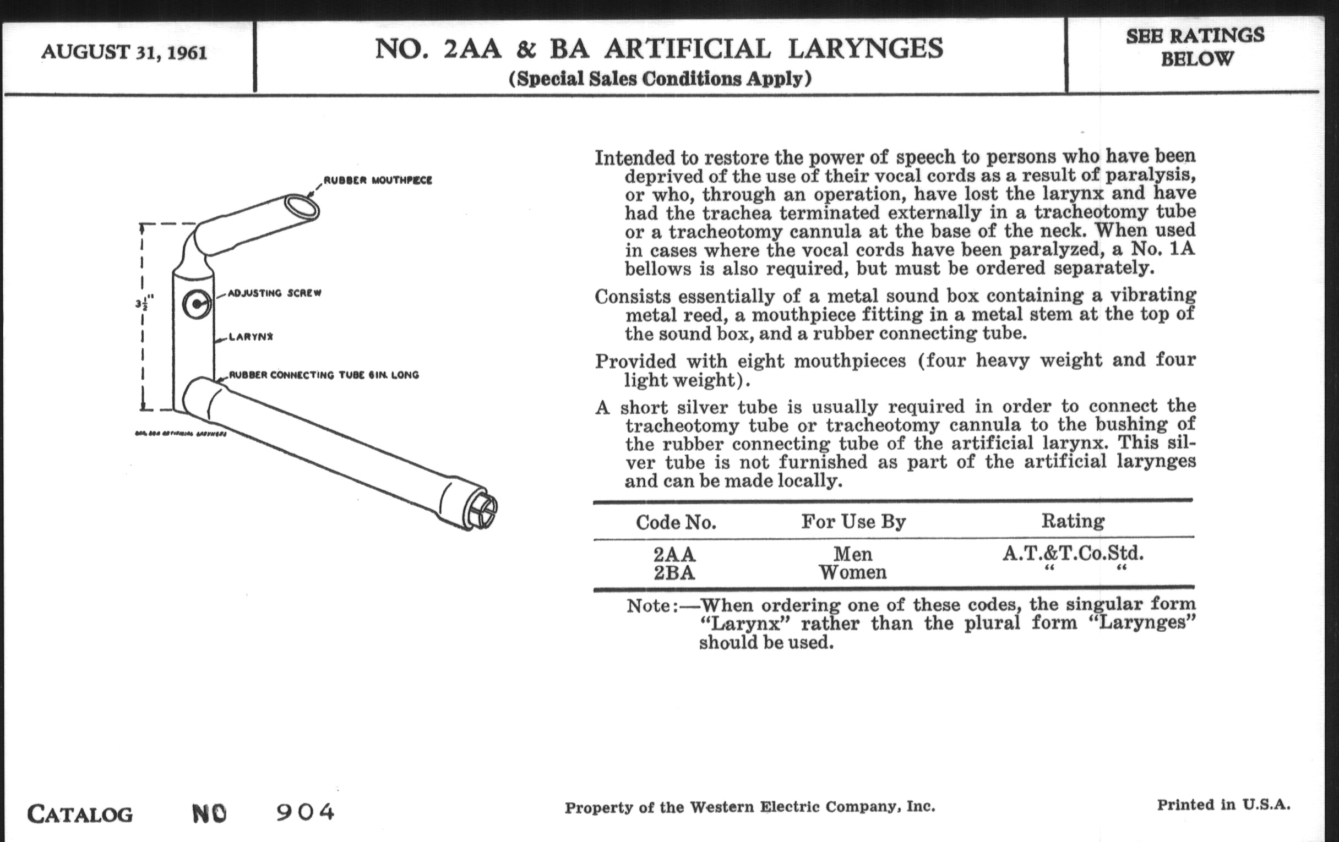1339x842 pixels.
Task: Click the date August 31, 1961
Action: click(x=124, y=53)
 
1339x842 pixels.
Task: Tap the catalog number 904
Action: click(x=305, y=812)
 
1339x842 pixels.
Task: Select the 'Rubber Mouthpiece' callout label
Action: click(x=378, y=181)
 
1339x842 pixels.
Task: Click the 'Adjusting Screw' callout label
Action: click(x=275, y=293)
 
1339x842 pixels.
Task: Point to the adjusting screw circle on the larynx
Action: click(x=197, y=304)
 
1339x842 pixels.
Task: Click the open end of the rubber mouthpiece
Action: click(x=302, y=207)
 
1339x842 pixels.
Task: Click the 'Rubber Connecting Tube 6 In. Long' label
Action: click(x=324, y=375)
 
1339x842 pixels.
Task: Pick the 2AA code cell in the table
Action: click(x=674, y=554)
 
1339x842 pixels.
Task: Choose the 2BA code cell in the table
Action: click(x=674, y=572)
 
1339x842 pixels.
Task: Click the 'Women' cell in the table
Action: click(x=852, y=572)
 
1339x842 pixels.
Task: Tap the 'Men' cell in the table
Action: click(x=852, y=554)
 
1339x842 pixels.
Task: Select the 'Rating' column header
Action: click(x=1073, y=521)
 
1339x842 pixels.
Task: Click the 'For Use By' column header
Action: click(x=853, y=521)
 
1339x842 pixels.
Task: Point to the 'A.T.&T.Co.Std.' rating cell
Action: click(x=1073, y=553)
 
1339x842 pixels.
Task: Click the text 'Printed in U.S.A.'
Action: click(x=1223, y=805)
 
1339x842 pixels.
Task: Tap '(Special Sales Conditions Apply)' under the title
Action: click(x=660, y=79)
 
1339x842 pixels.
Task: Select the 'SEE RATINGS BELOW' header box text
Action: click(x=1195, y=47)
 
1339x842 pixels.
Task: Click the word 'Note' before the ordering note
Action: click(x=649, y=605)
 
